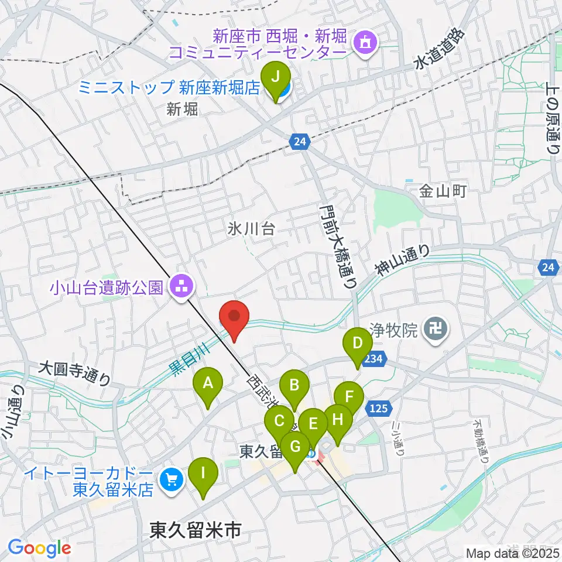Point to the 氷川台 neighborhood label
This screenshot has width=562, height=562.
(251, 229)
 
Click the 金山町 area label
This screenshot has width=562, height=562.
(442, 191)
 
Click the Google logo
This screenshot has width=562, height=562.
(40, 548)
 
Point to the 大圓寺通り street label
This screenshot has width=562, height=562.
(74, 374)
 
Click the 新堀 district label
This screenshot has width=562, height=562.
(182, 108)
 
